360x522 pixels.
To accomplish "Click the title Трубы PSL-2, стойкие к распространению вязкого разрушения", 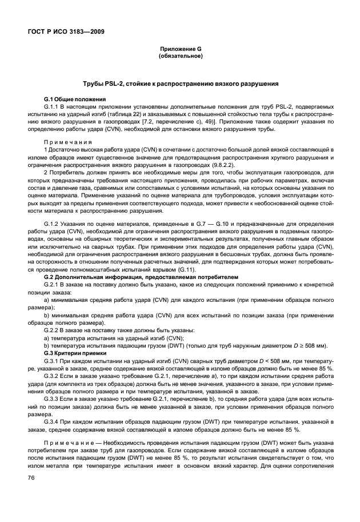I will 180,84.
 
